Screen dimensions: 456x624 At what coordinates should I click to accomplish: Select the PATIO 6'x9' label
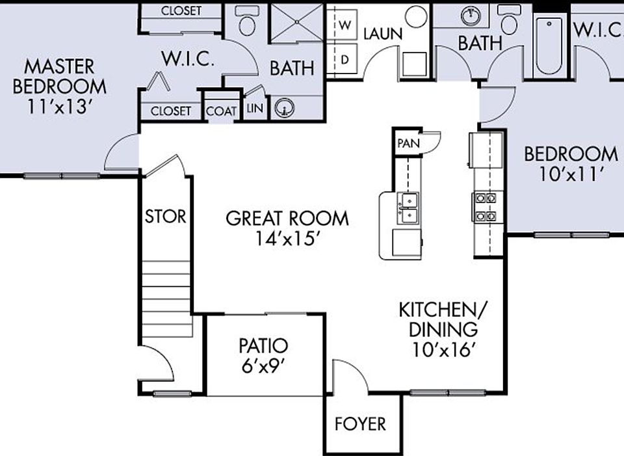tap(263, 354)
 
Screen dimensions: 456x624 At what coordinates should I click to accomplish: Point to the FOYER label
tap(359, 424)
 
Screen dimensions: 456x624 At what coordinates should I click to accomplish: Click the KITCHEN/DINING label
tap(445, 329)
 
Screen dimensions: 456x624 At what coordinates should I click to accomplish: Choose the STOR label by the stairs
tap(165, 216)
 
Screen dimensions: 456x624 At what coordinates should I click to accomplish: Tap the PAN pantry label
tap(408, 143)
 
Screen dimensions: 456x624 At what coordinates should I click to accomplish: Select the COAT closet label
tap(222, 111)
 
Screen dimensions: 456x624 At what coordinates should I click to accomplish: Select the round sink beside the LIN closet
tap(284, 109)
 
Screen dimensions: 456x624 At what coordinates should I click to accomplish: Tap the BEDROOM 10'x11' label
tap(571, 163)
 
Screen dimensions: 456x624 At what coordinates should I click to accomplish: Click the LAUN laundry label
tap(382, 34)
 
